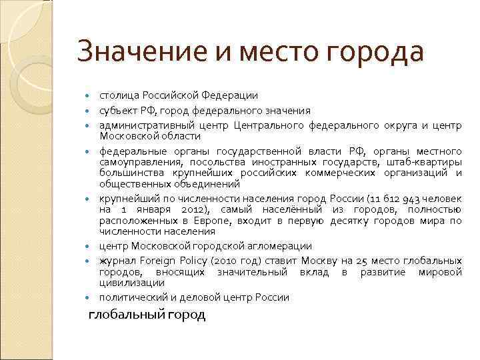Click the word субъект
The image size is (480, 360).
[x=119, y=111]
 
